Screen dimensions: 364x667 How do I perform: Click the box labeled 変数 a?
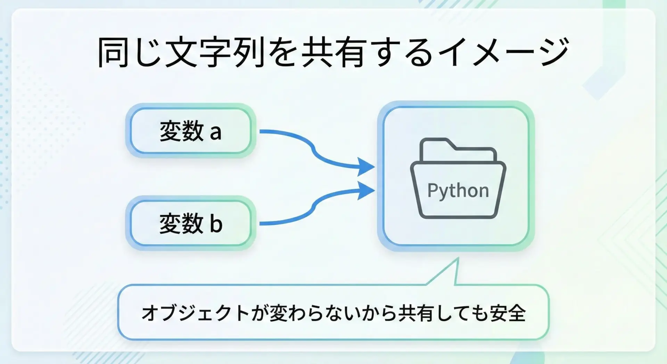pos(190,131)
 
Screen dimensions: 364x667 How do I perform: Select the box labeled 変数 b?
pos(190,223)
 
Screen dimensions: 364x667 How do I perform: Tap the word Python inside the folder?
pos(458,191)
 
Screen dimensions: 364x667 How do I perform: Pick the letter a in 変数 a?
pos(215,132)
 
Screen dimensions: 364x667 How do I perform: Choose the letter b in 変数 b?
pos(216,224)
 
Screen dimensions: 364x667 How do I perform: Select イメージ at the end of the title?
pos(504,52)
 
